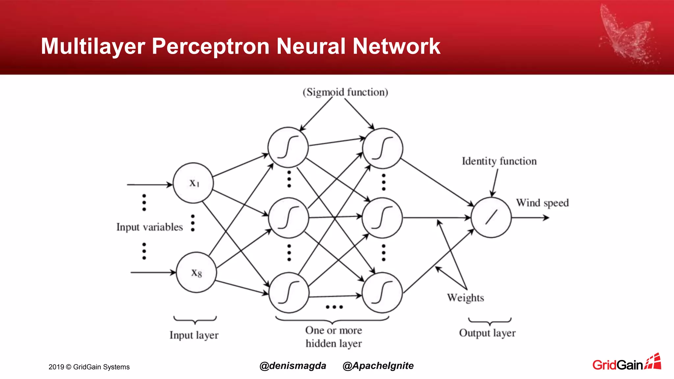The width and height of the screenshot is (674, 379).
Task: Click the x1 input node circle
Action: (x=193, y=183)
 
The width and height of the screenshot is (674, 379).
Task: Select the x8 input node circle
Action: (x=196, y=272)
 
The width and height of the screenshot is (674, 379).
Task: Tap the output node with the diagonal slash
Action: (x=491, y=217)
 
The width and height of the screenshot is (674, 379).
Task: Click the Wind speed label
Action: (x=542, y=203)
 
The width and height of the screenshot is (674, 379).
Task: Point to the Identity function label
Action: (x=499, y=161)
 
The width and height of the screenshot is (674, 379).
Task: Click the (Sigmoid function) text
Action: (x=345, y=92)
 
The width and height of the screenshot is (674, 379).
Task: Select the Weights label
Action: (x=465, y=298)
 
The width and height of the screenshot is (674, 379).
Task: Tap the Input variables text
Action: (x=149, y=227)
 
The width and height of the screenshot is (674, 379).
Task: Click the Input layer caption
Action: (x=194, y=335)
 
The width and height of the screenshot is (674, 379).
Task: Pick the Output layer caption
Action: (x=487, y=333)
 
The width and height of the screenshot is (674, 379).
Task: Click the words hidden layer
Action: (x=333, y=344)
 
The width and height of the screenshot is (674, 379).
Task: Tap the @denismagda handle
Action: (x=293, y=366)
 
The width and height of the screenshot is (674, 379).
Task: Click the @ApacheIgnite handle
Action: (x=378, y=366)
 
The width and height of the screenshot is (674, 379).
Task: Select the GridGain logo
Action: (x=626, y=363)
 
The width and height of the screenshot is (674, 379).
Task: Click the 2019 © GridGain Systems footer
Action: (x=89, y=367)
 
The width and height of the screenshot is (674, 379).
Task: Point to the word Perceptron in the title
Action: (x=211, y=46)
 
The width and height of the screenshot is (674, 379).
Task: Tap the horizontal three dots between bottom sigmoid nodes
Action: (x=334, y=307)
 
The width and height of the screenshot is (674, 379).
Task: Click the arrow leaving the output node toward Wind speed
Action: (x=530, y=217)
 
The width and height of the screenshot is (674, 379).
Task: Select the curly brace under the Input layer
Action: (x=195, y=319)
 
